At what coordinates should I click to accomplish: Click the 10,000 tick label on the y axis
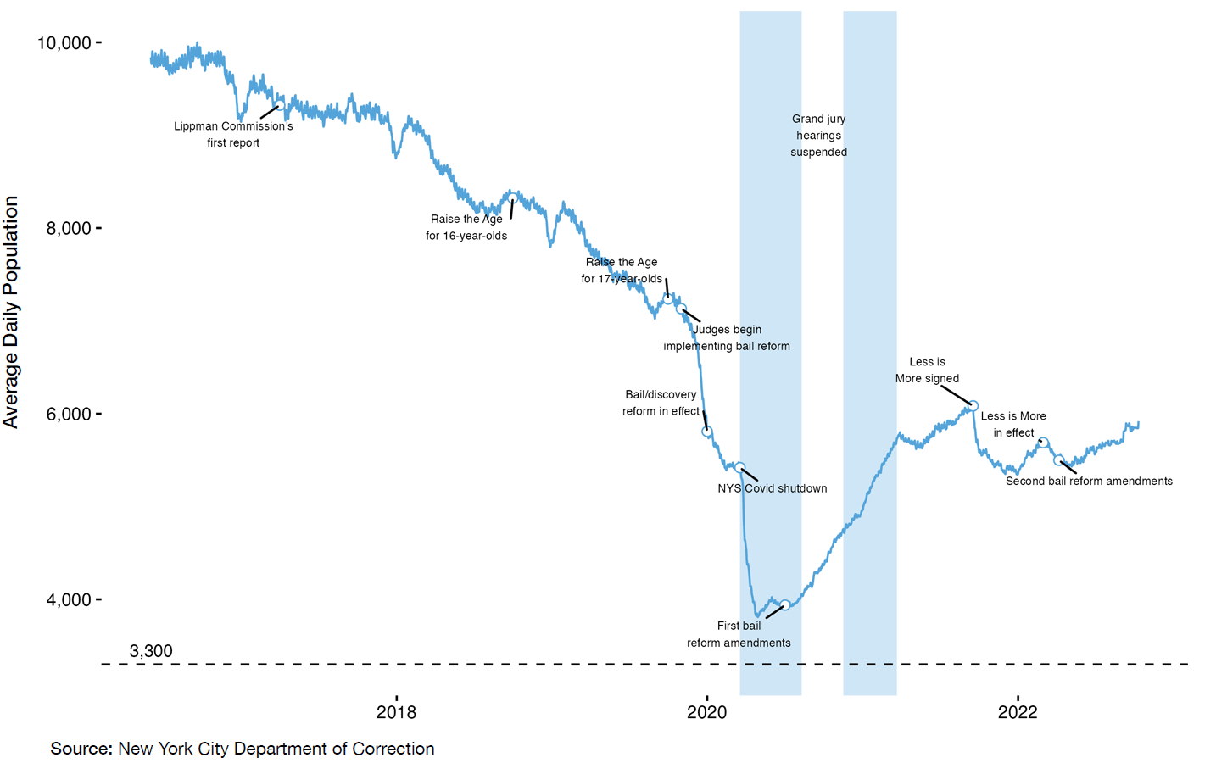pos(64,42)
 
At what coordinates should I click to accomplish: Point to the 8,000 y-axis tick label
pos(69,228)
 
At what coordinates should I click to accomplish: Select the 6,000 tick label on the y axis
pos(69,414)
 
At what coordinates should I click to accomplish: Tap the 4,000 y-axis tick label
pos(69,599)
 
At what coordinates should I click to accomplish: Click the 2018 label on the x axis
pos(396,712)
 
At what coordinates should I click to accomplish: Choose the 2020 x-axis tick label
pos(706,712)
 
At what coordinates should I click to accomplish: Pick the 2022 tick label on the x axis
pos(1017,712)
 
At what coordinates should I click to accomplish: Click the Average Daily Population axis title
pos(11,312)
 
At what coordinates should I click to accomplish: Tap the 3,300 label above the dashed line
pos(151,651)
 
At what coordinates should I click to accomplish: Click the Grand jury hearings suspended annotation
pos(818,136)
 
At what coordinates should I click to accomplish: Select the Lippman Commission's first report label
pos(233,134)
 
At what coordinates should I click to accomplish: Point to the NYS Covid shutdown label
pos(772,488)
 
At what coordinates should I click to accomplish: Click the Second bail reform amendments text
pos(1089,481)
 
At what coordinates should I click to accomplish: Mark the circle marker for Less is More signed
pos(973,406)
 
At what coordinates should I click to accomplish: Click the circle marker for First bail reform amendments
pos(785,604)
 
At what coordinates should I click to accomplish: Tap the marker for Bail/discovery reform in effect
pos(707,432)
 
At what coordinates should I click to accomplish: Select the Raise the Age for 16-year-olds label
pos(466,227)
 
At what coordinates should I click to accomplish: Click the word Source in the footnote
pos(81,749)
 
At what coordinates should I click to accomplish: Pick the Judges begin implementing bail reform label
pos(727,337)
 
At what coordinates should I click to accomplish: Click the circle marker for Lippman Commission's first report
pos(280,104)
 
